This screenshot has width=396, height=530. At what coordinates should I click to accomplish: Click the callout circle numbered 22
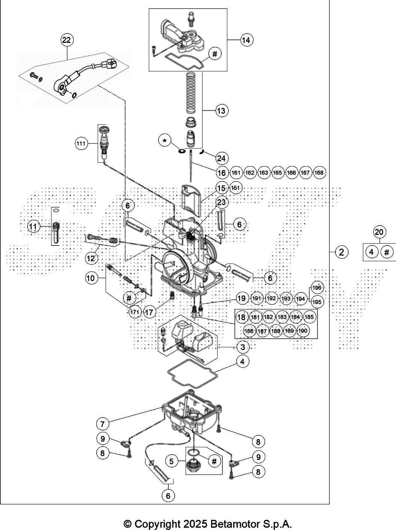(x=67, y=40)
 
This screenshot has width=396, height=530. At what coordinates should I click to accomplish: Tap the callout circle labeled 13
(x=221, y=111)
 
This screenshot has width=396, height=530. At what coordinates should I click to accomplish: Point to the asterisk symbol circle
(x=165, y=141)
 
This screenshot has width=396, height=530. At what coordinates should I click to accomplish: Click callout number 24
(x=221, y=158)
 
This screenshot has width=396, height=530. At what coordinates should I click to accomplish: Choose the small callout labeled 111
(x=81, y=144)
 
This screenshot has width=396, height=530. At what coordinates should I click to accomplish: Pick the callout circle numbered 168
(x=319, y=173)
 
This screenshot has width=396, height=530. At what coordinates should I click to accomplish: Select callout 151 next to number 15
(x=236, y=188)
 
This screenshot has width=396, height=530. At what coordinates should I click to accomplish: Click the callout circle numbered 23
(x=222, y=202)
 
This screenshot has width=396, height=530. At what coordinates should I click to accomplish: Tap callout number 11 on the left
(x=33, y=227)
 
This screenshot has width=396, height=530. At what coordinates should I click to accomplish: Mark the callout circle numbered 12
(x=91, y=258)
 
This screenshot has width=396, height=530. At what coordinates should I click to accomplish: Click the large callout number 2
(x=341, y=252)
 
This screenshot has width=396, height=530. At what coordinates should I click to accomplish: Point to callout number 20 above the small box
(x=379, y=232)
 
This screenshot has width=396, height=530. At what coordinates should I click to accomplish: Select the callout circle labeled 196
(x=317, y=288)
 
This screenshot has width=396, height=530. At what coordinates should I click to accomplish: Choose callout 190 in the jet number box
(x=303, y=331)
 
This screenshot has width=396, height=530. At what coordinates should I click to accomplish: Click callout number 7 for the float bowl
(x=102, y=424)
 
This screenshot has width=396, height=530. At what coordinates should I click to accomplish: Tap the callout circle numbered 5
(x=171, y=461)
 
